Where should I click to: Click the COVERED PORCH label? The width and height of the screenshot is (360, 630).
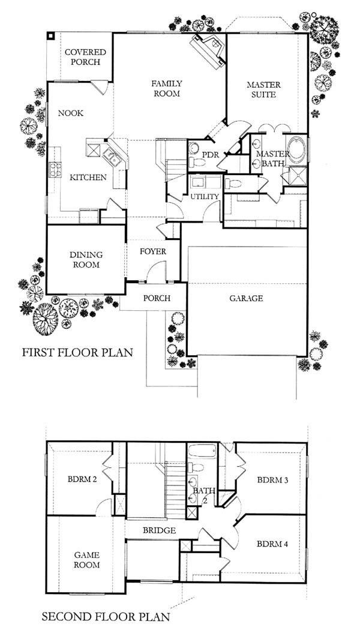coord(85,57)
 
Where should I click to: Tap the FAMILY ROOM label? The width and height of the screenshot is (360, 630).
coord(166,88)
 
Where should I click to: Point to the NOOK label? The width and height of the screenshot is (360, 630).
coord(71,113)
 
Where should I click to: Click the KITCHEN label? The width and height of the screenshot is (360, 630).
coord(88,177)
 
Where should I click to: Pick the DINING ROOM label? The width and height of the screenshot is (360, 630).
coord(86,260)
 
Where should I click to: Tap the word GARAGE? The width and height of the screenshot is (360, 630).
coord(246,298)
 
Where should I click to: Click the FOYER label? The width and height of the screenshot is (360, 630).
coord(152,252)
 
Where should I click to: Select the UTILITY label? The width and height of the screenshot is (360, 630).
coord(205,196)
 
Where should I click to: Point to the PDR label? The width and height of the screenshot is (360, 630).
coord(209,155)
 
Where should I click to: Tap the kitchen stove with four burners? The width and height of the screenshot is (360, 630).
coord(55,169)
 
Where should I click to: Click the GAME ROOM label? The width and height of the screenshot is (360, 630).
coord(87,560)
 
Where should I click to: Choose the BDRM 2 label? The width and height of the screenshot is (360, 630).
coord(83,479)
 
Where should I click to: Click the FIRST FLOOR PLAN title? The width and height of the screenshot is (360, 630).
coord(77,353)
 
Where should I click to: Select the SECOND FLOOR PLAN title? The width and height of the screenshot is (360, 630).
coord(106,616)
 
